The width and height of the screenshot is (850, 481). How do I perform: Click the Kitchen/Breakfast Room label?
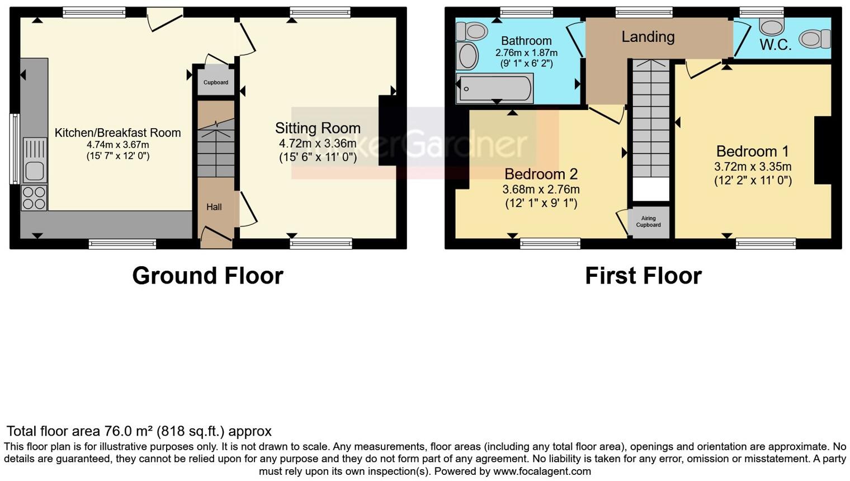pos(117,133)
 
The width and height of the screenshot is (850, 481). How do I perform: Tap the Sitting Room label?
pos(318,128)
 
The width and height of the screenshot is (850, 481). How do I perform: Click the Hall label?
pos(214,207)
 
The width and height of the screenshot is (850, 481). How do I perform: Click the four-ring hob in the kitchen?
pos(34,198)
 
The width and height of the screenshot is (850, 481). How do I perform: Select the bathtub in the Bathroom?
pos(494,89)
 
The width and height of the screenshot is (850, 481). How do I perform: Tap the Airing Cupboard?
pos(648,222)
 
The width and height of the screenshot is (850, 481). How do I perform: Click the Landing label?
pos(648,37)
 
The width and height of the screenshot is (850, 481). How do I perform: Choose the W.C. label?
pos(775,45)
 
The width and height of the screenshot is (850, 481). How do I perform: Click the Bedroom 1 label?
pos(752,152)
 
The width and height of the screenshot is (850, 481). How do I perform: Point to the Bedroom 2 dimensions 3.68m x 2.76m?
pos(541,190)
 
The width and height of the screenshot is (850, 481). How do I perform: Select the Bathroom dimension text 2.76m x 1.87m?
pos(526,53)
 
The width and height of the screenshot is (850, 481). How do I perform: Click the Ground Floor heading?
pos(207,276)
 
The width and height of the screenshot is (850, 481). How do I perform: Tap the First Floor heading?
pos(643,276)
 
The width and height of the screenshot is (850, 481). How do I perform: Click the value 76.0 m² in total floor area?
pos(129,431)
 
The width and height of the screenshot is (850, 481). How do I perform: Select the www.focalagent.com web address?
pos(542,471)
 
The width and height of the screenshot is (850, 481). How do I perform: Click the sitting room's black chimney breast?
pos(387,130)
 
